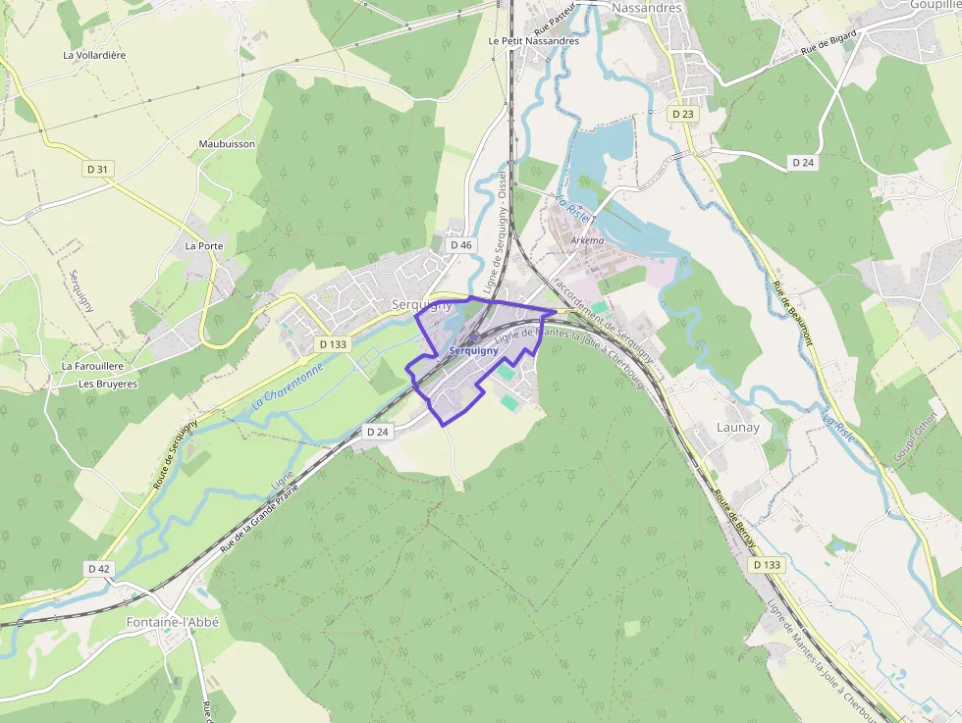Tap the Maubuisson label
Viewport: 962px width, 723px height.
click(x=227, y=143)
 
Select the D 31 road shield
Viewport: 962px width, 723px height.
click(x=97, y=169)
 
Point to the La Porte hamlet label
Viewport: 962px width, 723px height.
click(x=204, y=245)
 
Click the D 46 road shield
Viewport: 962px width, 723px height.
click(x=460, y=244)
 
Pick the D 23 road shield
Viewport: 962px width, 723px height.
click(x=683, y=114)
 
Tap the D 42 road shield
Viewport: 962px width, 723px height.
click(x=99, y=568)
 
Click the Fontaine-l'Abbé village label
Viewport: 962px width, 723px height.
click(x=173, y=622)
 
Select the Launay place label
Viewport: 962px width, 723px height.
click(x=738, y=428)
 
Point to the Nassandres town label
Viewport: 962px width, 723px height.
click(x=646, y=7)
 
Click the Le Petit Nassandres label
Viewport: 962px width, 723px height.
click(x=534, y=41)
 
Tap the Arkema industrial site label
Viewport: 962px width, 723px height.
click(x=587, y=240)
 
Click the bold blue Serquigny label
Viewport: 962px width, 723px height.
click(x=473, y=350)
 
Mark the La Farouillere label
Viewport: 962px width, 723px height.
click(x=92, y=366)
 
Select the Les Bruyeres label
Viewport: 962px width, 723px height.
click(x=108, y=384)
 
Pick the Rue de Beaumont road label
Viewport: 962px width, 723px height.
click(x=793, y=314)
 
